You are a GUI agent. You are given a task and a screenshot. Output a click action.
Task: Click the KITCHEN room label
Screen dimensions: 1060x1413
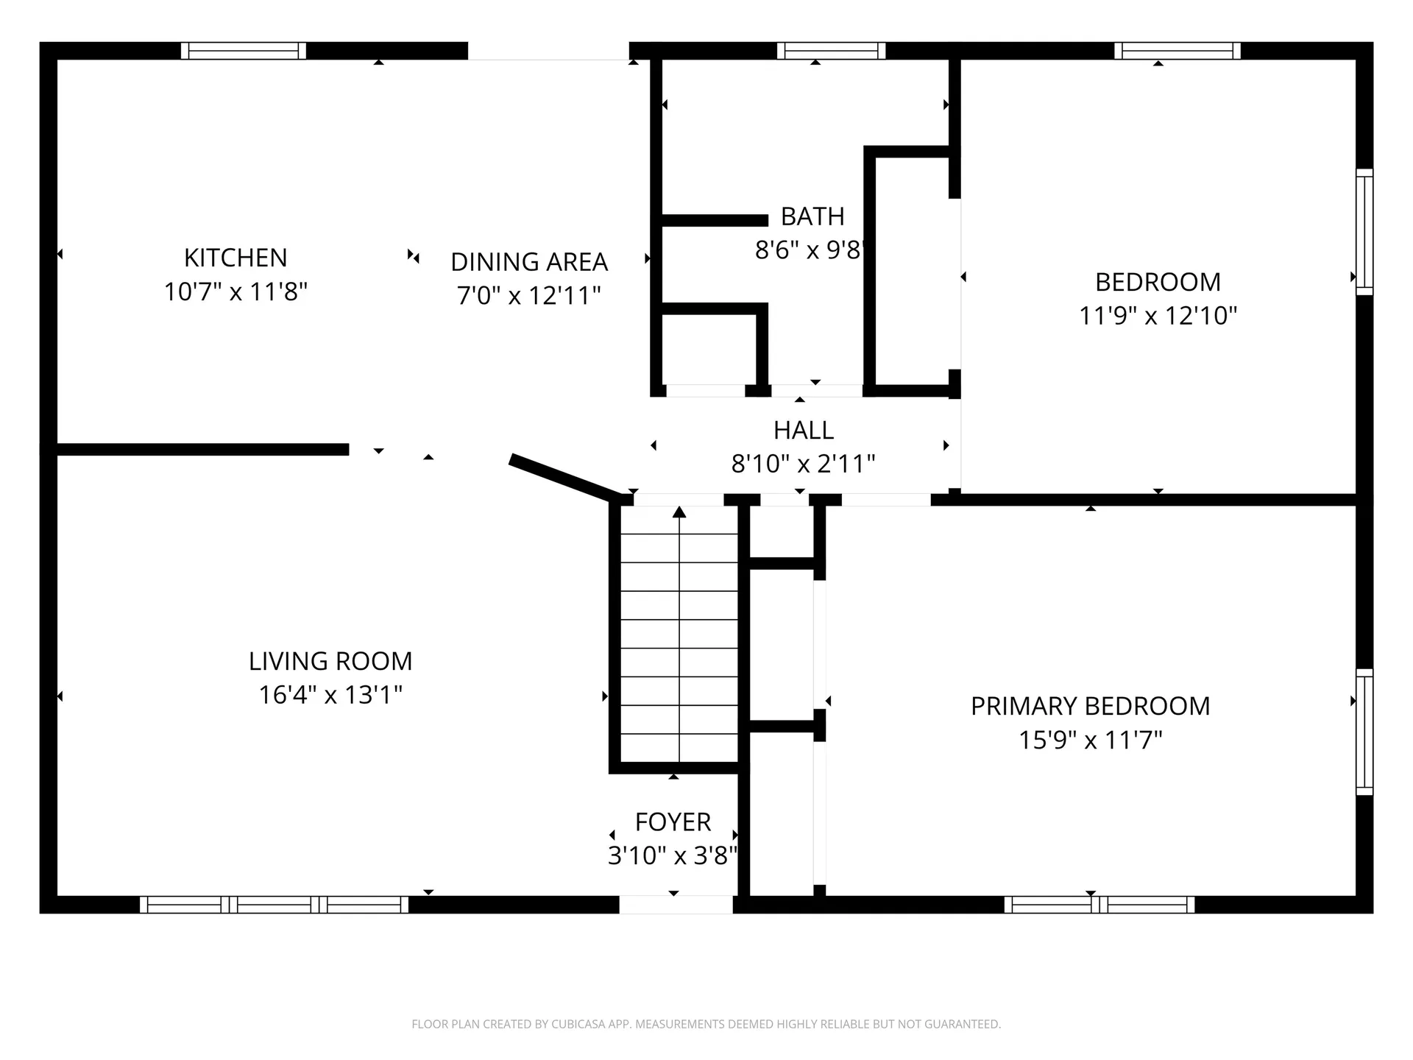tap(235, 258)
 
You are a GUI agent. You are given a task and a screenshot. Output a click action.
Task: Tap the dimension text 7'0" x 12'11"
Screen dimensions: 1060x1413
tap(529, 296)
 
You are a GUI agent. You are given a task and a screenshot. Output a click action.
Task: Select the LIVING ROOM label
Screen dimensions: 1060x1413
tap(330, 661)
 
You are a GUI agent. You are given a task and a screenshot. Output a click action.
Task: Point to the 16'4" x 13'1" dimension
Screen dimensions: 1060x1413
tap(330, 695)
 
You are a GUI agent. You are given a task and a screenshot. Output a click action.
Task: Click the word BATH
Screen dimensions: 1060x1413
tap(812, 216)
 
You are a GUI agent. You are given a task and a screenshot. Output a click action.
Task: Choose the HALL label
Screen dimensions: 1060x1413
tap(804, 430)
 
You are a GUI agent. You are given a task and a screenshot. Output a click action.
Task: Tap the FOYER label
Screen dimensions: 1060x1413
tap(673, 821)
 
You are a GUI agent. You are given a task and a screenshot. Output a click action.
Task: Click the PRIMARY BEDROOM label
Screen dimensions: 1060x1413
tap(1090, 706)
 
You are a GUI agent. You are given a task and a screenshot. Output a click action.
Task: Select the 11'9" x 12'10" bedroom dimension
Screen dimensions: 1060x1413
tap(1158, 316)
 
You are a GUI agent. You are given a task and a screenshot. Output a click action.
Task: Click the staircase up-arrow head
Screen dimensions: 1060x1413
tap(679, 512)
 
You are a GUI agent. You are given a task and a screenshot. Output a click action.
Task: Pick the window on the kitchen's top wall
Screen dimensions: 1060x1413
tap(244, 51)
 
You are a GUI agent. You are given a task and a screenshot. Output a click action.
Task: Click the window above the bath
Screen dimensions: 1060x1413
tap(831, 51)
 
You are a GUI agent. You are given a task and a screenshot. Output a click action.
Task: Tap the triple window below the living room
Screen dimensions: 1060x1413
tap(274, 905)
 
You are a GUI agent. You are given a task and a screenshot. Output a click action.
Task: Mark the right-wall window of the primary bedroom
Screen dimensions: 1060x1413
tap(1364, 732)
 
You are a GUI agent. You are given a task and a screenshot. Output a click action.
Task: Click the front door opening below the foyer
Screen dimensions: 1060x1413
tap(676, 905)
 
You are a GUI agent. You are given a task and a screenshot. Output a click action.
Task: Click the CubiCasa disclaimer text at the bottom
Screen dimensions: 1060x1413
tap(706, 1024)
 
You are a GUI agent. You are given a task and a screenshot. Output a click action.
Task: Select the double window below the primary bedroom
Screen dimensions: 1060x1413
tap(1099, 905)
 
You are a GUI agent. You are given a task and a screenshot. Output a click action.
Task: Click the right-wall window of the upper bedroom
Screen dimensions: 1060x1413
tap(1364, 232)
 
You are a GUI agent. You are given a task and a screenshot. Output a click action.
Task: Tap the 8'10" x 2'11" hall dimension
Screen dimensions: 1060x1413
tap(804, 464)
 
